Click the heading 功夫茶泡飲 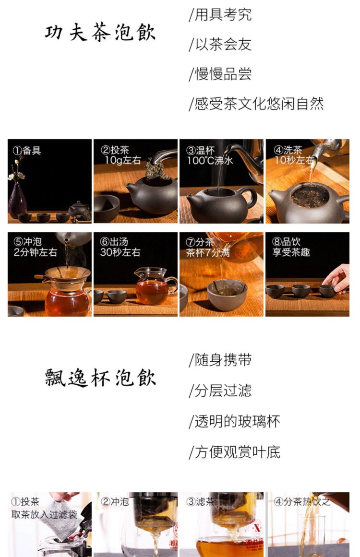[x=100, y=33]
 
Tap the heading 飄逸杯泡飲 [x=100, y=377]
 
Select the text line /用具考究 [x=220, y=15]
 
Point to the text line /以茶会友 [x=220, y=45]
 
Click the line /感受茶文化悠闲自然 [x=256, y=104]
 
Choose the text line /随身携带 [x=220, y=360]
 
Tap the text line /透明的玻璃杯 [x=235, y=422]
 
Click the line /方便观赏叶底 [x=235, y=452]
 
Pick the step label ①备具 [x=27, y=150]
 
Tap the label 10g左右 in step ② [x=122, y=160]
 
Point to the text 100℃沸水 [x=210, y=161]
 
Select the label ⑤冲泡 [x=27, y=242]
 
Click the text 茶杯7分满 [x=208, y=252]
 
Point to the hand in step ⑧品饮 [x=336, y=279]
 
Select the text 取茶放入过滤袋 [x=45, y=514]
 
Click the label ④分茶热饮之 [x=302, y=501]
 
